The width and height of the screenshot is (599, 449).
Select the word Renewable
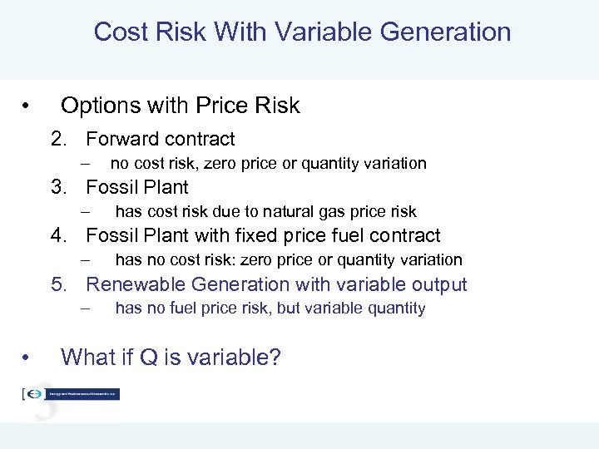[134, 284]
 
